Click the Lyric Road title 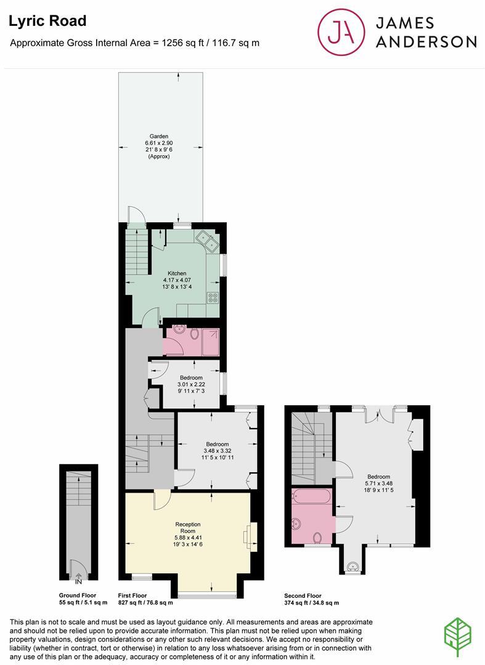tap(47, 21)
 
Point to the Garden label tap(158, 137)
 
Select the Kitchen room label tap(177, 273)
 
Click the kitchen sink tap(208, 241)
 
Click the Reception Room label tap(187, 528)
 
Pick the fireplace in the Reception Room tap(248, 535)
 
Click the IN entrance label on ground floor tap(78, 581)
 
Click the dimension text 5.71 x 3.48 tap(379, 485)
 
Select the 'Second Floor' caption tap(303, 595)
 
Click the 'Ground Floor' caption tap(78, 595)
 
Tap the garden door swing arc tap(137, 214)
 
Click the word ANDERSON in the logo tap(426, 42)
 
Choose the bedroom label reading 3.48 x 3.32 tap(218, 452)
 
